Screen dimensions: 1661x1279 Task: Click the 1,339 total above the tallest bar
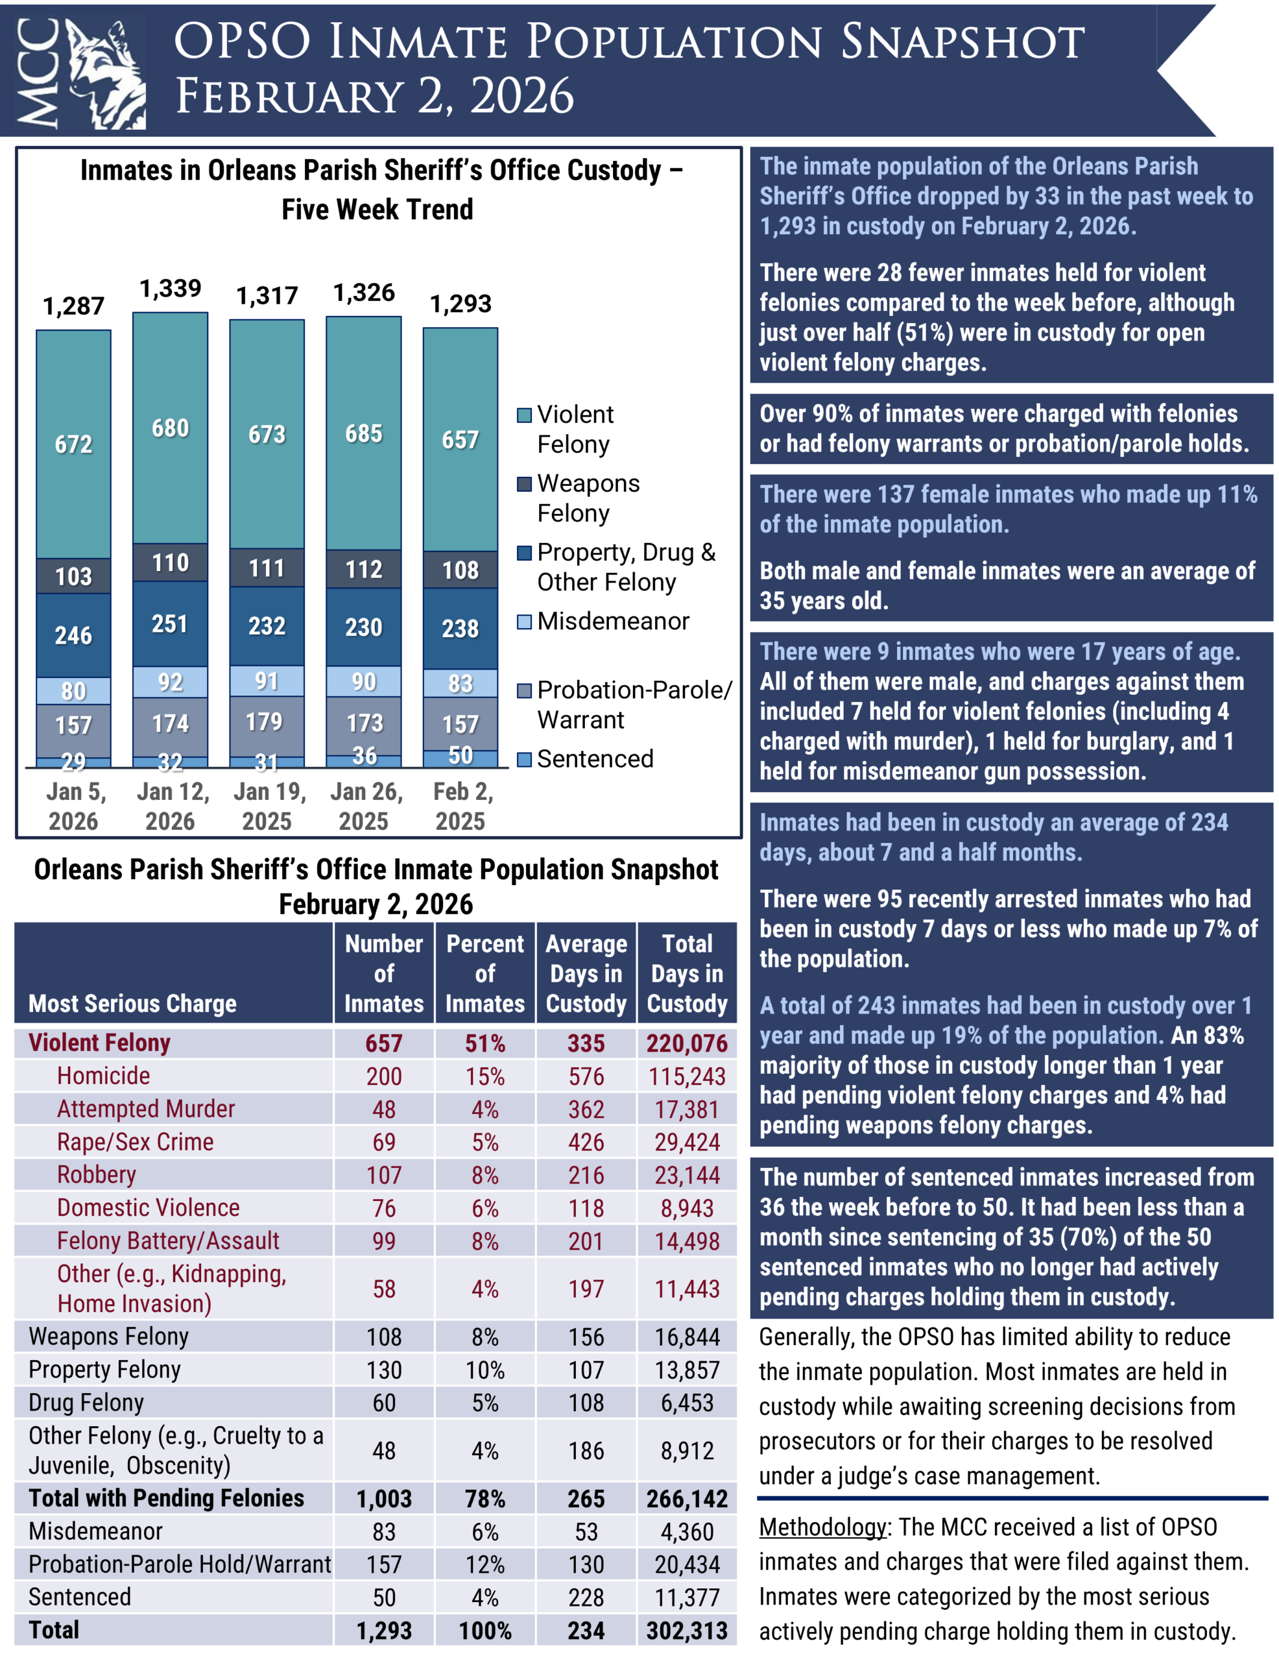pyautogui.click(x=171, y=289)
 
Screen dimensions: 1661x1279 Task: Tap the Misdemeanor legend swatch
pyautogui.click(x=524, y=622)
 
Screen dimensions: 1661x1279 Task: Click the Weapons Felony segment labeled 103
pyautogui.click(x=73, y=576)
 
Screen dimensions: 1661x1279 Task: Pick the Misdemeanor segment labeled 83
pyautogui.click(x=460, y=683)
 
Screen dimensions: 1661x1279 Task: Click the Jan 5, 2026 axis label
pyautogui.click(x=74, y=806)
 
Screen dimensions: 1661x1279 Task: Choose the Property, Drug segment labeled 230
pyautogui.click(x=363, y=627)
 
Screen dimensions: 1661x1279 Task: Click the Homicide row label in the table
pyautogui.click(x=103, y=1076)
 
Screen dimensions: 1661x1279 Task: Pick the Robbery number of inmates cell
pyautogui.click(x=384, y=1175)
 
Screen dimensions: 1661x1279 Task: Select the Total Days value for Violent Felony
pyautogui.click(x=687, y=1043)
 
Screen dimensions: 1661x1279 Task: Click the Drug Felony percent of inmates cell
pyautogui.click(x=485, y=1402)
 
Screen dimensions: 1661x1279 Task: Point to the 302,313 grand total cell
pyautogui.click(x=687, y=1631)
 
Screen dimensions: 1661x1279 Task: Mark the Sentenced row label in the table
pyautogui.click(x=80, y=1597)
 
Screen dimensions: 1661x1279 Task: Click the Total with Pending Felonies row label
pyautogui.click(x=166, y=1498)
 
